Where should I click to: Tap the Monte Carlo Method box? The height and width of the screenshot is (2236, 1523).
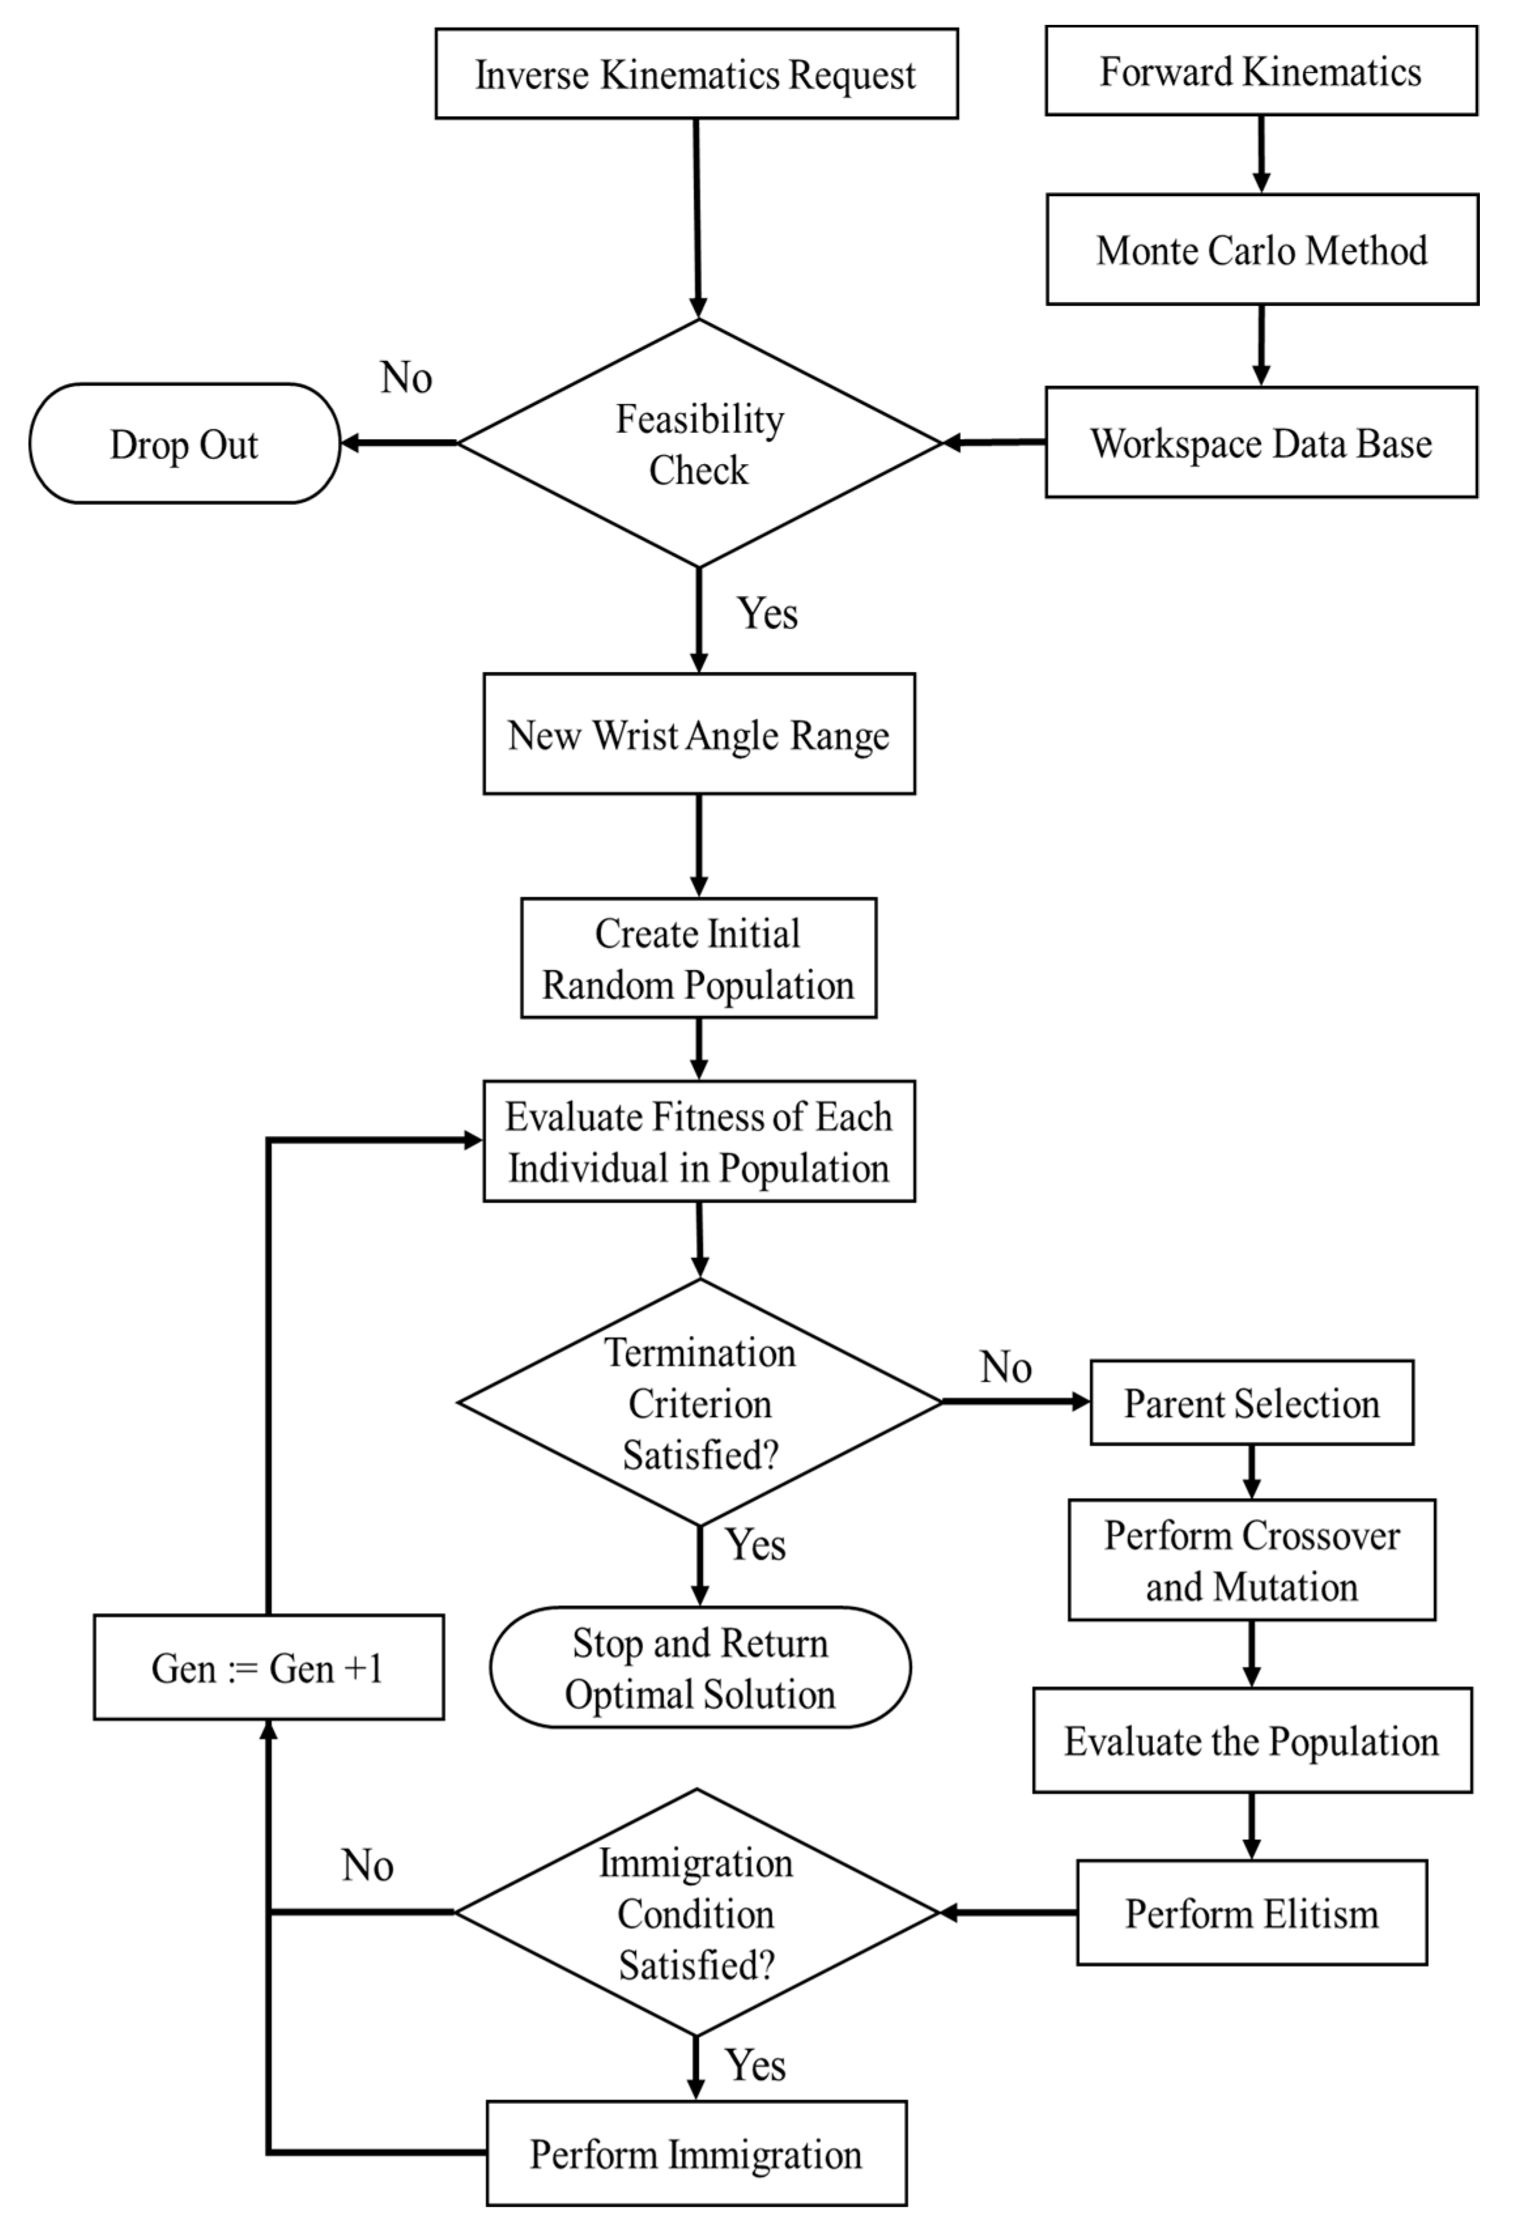(1262, 250)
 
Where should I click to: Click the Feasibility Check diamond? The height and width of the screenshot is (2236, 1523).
(699, 444)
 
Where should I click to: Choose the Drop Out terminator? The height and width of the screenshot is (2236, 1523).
(184, 444)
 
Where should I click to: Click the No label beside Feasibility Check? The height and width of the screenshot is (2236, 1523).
(406, 377)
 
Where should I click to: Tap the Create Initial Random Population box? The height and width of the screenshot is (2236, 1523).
(699, 958)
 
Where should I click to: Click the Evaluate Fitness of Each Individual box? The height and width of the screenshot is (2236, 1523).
(699, 1141)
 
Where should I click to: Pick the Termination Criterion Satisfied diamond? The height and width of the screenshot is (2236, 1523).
(699, 1403)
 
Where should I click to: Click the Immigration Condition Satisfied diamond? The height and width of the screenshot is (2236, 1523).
(695, 1912)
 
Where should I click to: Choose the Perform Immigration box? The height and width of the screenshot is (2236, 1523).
(695, 2153)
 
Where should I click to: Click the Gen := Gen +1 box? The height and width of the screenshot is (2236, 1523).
(269, 1667)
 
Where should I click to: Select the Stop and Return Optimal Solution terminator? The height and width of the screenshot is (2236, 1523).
(699, 1667)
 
